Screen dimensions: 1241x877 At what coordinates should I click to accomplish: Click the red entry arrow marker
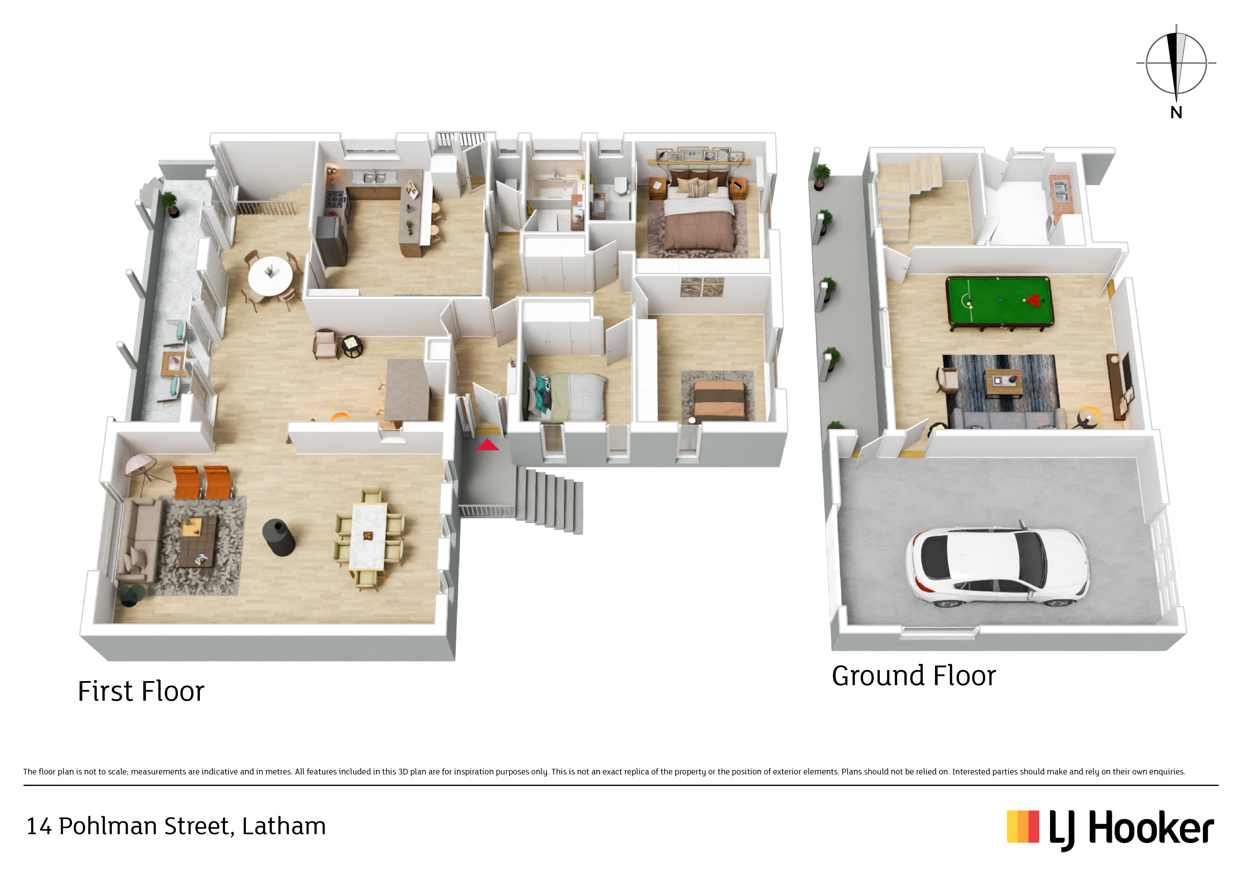click(487, 445)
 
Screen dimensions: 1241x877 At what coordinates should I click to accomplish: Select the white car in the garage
click(997, 567)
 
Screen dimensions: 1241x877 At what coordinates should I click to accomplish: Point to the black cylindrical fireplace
click(278, 538)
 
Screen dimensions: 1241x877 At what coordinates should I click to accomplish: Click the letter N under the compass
click(1176, 113)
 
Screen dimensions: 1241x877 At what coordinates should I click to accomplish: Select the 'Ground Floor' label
click(913, 676)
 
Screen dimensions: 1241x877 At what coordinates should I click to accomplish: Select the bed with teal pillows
click(566, 396)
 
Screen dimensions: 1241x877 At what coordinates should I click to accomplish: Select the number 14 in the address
click(39, 827)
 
